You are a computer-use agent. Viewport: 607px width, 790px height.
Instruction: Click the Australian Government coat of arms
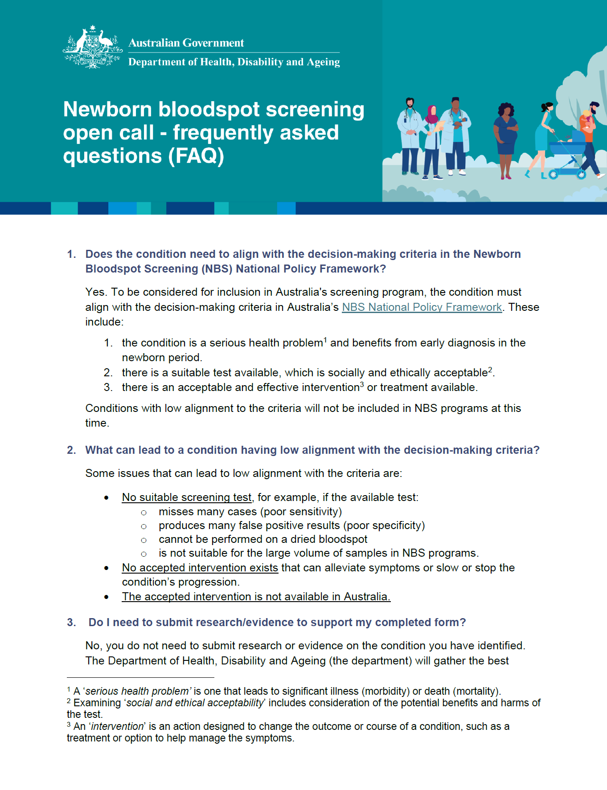pyautogui.click(x=92, y=47)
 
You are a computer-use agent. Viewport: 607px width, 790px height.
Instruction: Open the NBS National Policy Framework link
pyautogui.click(x=422, y=307)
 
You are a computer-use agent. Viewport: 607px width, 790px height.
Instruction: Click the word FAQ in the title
pyautogui.click(x=196, y=156)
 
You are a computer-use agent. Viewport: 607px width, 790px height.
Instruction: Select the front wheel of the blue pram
pyautogui.click(x=553, y=174)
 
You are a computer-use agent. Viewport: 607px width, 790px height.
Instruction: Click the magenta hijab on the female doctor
pyautogui.click(x=431, y=115)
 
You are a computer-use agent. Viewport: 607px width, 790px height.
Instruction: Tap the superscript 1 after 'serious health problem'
pyautogui.click(x=325, y=340)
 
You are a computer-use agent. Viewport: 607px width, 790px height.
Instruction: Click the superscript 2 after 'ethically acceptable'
pyautogui.click(x=490, y=370)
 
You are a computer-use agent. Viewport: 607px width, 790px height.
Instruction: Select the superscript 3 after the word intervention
pyautogui.click(x=362, y=385)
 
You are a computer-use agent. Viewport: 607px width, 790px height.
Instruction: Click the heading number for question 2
pyautogui.click(x=71, y=450)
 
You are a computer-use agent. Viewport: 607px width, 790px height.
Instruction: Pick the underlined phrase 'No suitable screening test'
pyautogui.click(x=187, y=497)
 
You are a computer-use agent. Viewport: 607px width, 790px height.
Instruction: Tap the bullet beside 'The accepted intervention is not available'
pyautogui.click(x=107, y=597)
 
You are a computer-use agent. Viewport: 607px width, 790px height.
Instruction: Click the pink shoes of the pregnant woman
pyautogui.click(x=505, y=177)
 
